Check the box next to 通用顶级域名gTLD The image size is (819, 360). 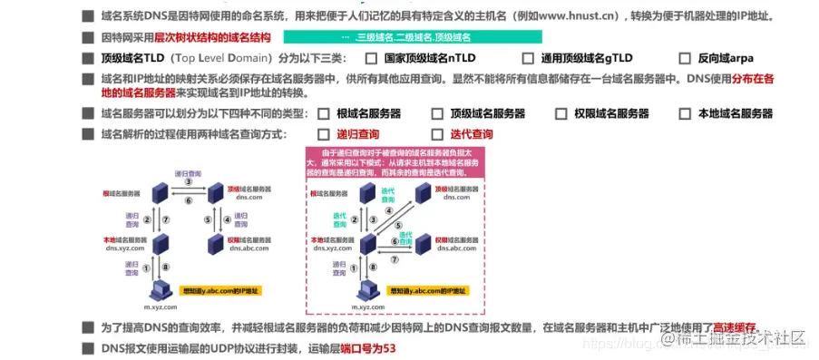click(x=527, y=57)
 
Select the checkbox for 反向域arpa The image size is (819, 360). click(x=684, y=57)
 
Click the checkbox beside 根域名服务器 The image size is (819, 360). click(x=323, y=114)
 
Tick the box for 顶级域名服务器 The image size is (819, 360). click(x=438, y=114)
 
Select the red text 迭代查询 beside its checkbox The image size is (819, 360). click(x=472, y=134)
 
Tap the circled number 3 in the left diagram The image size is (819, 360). click(x=189, y=182)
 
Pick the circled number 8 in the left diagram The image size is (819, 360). click(x=166, y=266)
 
